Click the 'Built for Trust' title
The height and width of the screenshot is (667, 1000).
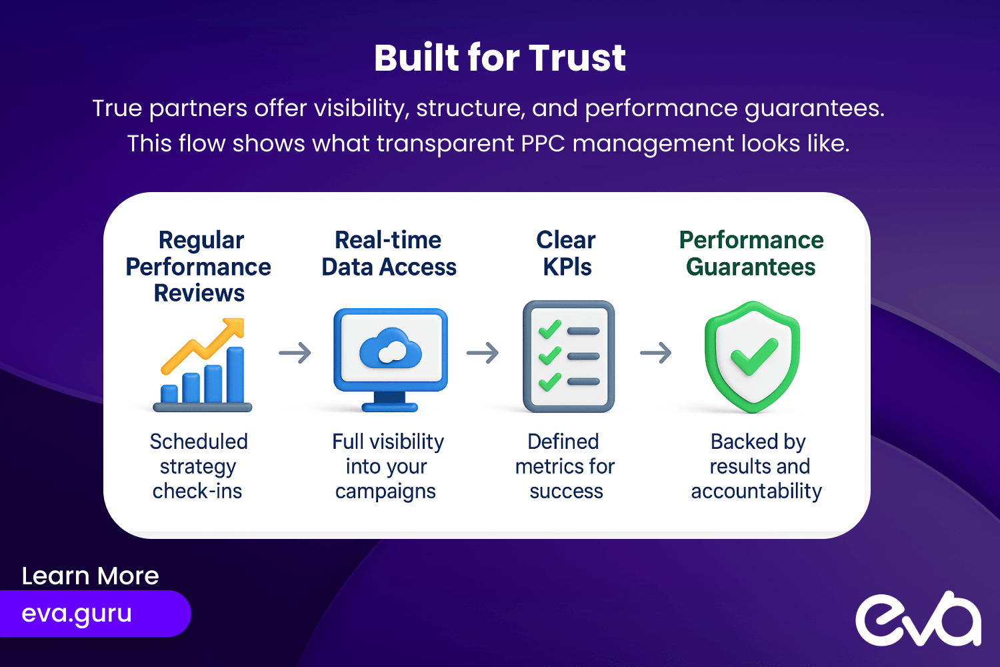tap(500, 58)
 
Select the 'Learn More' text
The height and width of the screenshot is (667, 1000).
tap(90, 576)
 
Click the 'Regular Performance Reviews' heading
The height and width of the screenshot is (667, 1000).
tap(199, 267)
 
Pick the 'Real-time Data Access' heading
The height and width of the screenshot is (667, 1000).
tap(389, 253)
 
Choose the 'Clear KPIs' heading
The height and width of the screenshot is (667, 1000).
tap(567, 253)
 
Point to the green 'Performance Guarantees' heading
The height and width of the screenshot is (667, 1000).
tap(751, 253)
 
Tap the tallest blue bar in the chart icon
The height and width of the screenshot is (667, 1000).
tap(235, 375)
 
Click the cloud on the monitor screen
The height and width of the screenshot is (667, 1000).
tap(390, 348)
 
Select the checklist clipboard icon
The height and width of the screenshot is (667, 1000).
tap(569, 356)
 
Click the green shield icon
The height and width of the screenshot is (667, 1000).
tap(753, 356)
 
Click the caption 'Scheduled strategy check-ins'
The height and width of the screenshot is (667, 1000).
tap(198, 466)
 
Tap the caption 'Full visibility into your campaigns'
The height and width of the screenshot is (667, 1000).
tap(387, 466)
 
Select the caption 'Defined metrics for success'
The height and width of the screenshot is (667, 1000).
tap(565, 466)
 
